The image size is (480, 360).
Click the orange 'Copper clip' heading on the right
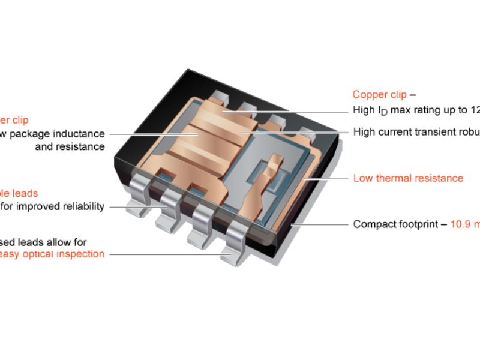tap(380, 95)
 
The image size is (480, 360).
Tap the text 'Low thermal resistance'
tap(408, 178)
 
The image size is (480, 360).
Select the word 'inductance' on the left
tap(80, 134)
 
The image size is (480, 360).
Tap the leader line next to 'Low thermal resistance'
tap(327, 178)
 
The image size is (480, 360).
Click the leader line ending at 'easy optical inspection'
tap(168, 254)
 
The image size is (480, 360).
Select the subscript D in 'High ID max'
tap(384, 113)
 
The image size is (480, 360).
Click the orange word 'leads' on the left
tap(26, 194)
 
